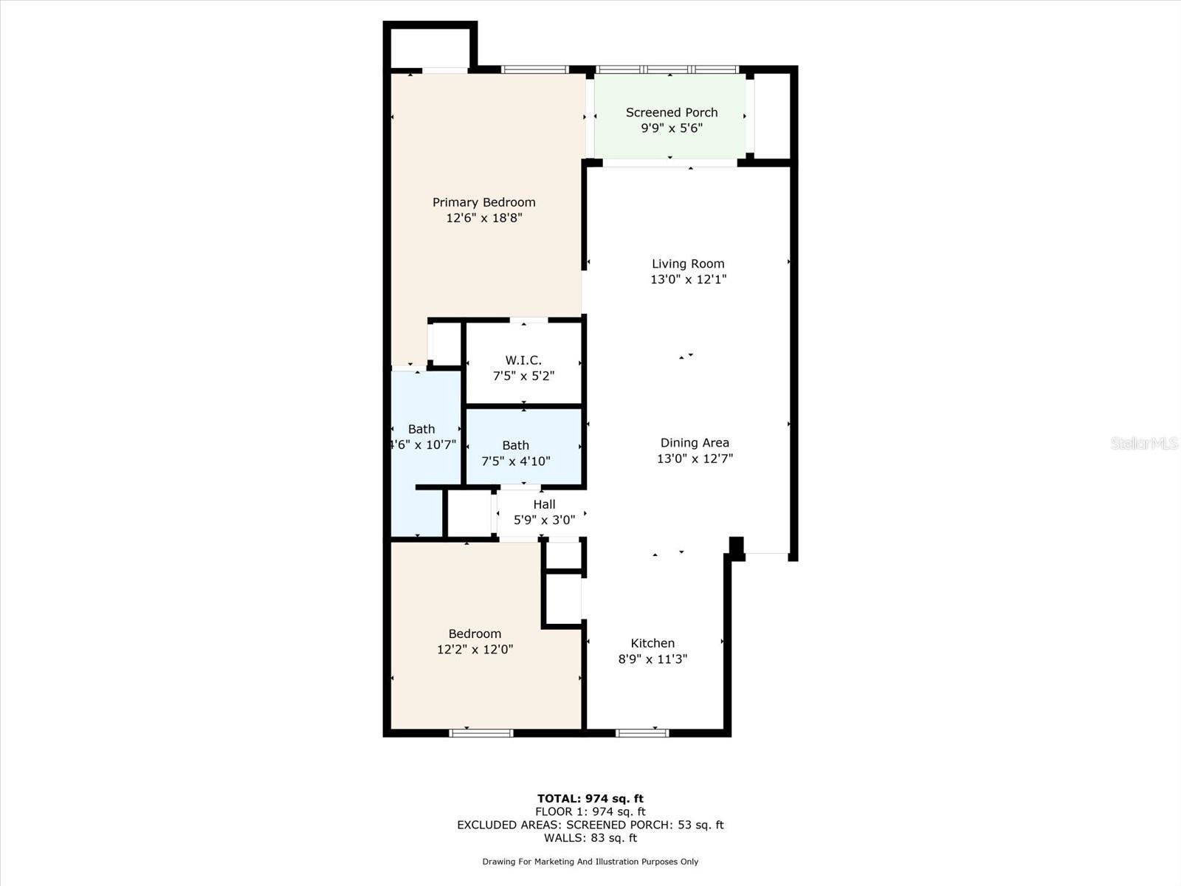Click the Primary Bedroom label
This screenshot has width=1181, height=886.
pyautogui.click(x=483, y=202)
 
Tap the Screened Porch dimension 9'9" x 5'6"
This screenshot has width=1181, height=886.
pyautogui.click(x=671, y=128)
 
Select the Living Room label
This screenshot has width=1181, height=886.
pyautogui.click(x=688, y=264)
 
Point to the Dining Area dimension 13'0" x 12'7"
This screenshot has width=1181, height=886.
pyautogui.click(x=695, y=459)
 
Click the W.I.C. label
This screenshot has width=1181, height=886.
pyautogui.click(x=523, y=360)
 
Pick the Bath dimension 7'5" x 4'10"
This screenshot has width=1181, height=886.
pyautogui.click(x=515, y=461)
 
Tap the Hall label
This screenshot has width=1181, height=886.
pyautogui.click(x=544, y=504)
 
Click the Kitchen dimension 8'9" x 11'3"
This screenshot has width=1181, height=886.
pyautogui.click(x=653, y=659)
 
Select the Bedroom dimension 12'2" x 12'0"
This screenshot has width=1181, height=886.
pyautogui.click(x=475, y=650)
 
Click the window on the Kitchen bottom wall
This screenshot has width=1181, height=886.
pyautogui.click(x=642, y=732)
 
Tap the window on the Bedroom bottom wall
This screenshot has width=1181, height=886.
pyautogui.click(x=481, y=732)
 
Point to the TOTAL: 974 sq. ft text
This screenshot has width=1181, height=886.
pyautogui.click(x=590, y=798)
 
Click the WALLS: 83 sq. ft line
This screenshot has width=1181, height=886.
pyautogui.click(x=590, y=838)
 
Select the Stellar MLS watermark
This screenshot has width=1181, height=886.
pyautogui.click(x=1143, y=443)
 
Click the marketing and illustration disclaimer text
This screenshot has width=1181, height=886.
pyautogui.click(x=590, y=862)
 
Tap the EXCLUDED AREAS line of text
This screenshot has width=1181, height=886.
pyautogui.click(x=590, y=825)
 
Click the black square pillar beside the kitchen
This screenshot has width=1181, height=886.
pyautogui.click(x=736, y=546)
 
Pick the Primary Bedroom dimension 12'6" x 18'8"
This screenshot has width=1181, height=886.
pyautogui.click(x=483, y=219)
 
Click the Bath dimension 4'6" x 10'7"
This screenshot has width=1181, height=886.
pyautogui.click(x=422, y=445)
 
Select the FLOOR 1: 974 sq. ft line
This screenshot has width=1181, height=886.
pyautogui.click(x=590, y=811)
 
